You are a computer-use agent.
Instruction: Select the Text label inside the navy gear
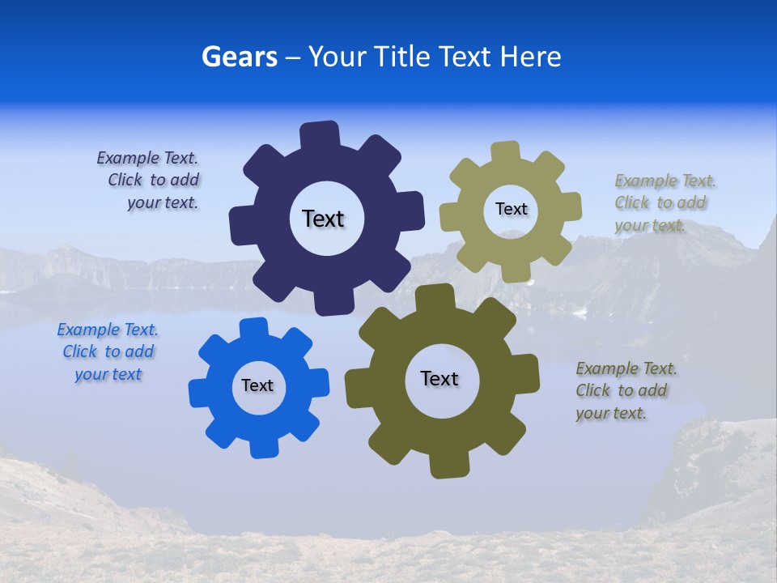[x=323, y=219]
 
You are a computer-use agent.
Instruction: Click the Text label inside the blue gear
[x=257, y=385]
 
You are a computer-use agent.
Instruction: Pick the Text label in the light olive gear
[x=511, y=209]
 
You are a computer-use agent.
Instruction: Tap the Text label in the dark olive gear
[x=439, y=378]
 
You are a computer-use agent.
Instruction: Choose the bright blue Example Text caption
[x=108, y=352]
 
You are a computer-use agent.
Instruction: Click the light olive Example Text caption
[x=664, y=203]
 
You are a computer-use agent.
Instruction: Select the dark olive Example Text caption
[x=625, y=391]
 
